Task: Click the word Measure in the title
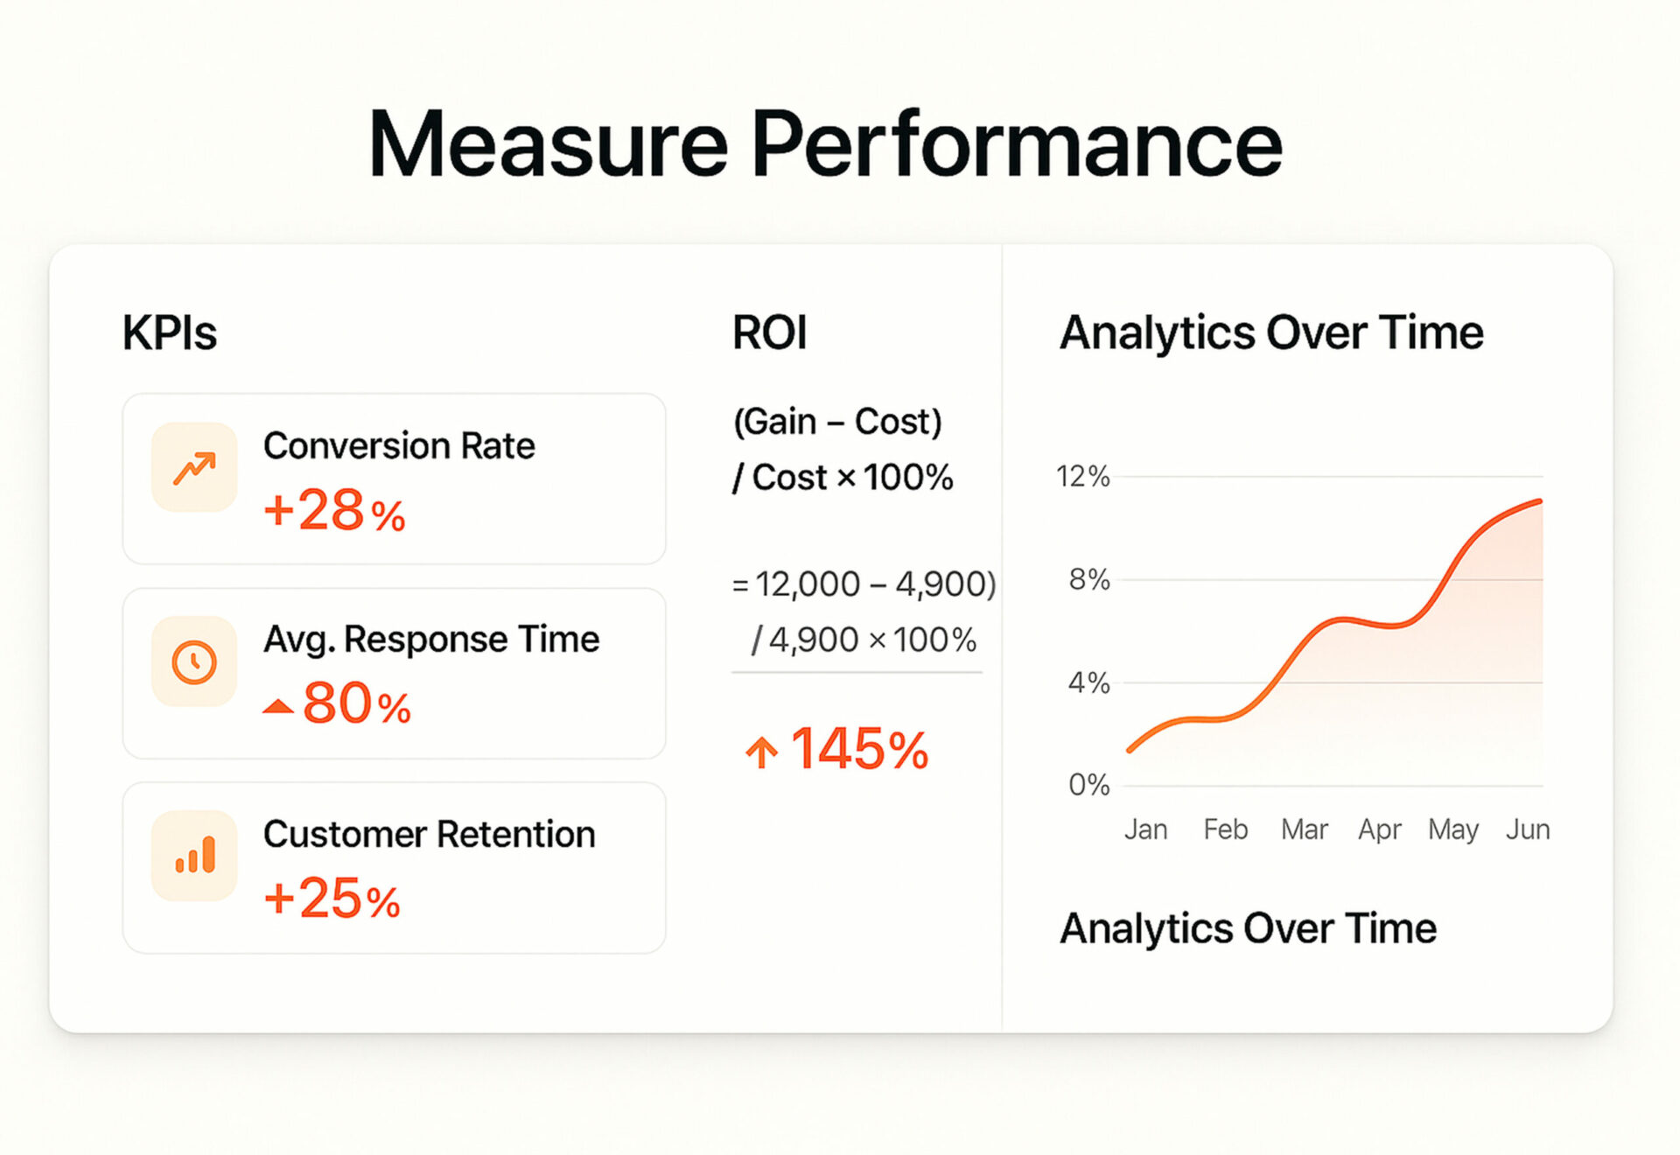548,143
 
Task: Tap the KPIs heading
170,333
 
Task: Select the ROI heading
769,333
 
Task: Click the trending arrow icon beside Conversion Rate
194,468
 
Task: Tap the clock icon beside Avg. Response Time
194,661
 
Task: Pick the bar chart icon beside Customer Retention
194,855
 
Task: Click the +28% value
334,510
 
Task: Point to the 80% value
357,703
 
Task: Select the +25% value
332,898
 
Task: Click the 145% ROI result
859,749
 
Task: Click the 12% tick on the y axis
1082,477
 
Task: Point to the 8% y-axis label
1088,579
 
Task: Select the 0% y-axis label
1088,785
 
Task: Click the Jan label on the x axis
1145,829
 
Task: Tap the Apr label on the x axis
1380,830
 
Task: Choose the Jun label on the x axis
1528,829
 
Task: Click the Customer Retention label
429,835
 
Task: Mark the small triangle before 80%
278,706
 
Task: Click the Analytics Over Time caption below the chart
1248,929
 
